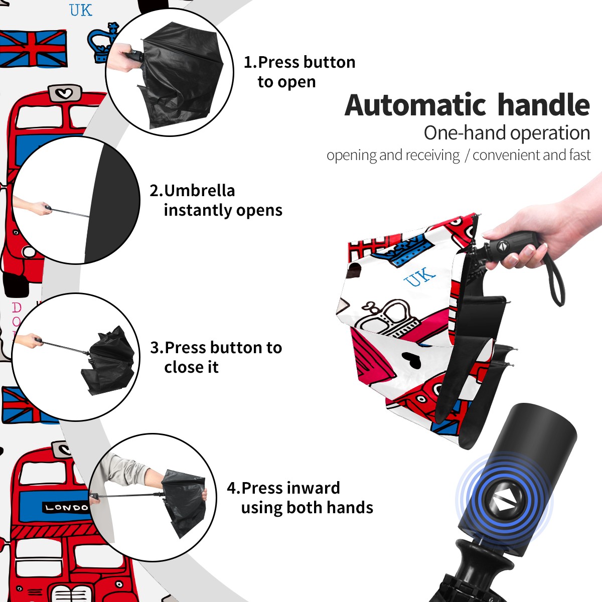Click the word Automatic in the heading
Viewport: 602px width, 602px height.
(415, 105)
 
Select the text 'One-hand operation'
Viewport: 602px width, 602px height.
(507, 133)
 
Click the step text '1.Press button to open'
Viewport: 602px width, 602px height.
(299, 72)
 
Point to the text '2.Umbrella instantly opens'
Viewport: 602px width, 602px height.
(216, 200)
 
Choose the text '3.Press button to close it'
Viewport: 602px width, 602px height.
(216, 357)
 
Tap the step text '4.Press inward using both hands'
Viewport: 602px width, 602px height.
(300, 498)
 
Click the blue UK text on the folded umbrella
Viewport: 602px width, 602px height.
(419, 277)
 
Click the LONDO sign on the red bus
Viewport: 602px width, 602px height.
(66, 508)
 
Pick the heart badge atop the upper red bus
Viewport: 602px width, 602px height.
(65, 93)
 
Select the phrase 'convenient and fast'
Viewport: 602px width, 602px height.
(531, 155)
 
